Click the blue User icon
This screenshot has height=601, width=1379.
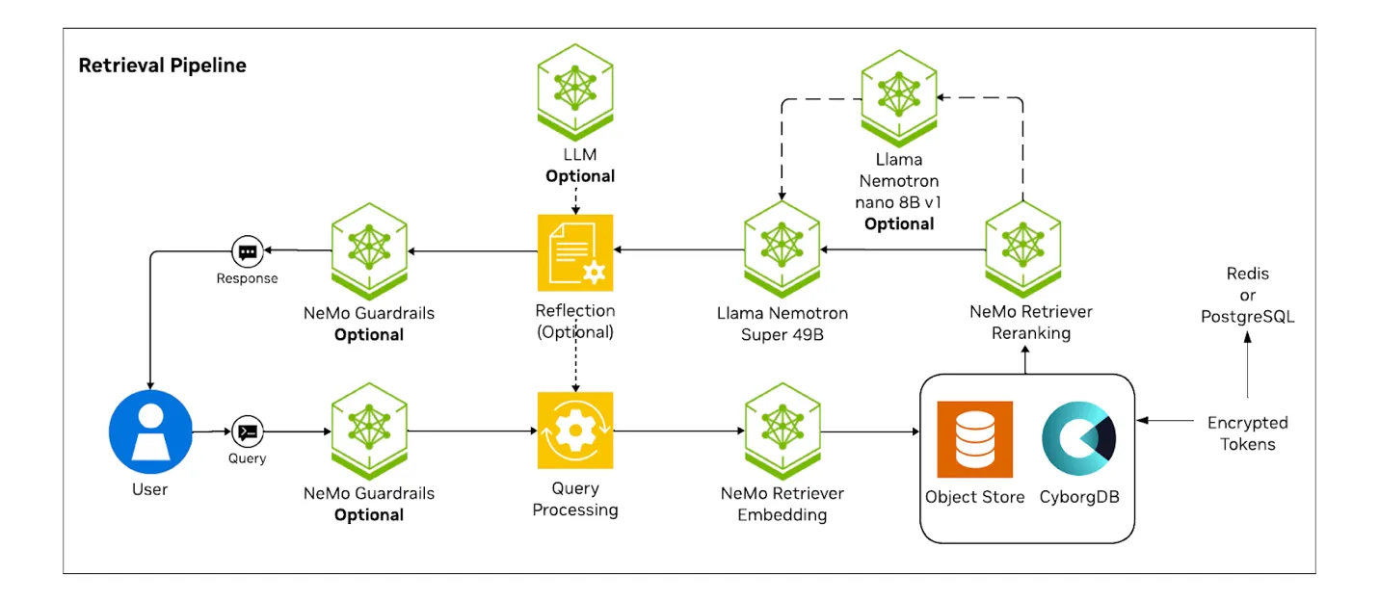click(150, 431)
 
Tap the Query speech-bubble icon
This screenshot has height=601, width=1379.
click(248, 431)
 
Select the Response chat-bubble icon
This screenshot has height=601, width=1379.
click(248, 251)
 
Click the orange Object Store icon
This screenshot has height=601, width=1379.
click(974, 439)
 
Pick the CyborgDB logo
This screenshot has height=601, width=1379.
click(1078, 438)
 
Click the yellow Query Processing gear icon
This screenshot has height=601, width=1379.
click(575, 431)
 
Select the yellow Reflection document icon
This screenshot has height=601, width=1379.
click(575, 252)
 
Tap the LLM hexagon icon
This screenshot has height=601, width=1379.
click(575, 92)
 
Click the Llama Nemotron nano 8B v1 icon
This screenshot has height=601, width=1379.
click(899, 98)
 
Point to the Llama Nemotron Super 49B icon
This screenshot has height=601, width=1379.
click(782, 249)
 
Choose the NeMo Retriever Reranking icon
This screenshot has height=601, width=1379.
click(1023, 249)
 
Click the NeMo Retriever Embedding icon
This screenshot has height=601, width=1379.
click(782, 431)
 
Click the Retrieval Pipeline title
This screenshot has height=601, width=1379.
click(163, 65)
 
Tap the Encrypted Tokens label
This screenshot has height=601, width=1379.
click(1247, 433)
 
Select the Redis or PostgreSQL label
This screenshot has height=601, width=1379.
click(1247, 295)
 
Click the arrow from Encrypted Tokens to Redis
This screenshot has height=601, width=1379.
click(1247, 365)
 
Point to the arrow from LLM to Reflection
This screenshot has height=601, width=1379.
click(575, 200)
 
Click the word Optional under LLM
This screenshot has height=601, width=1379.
click(580, 176)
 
